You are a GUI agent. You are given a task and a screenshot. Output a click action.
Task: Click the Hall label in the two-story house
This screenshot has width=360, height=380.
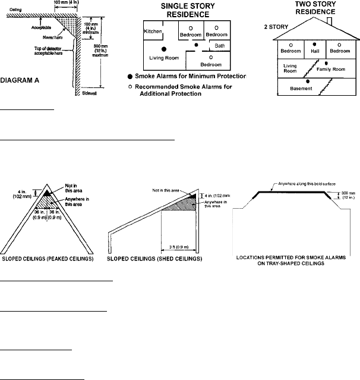point(314,51)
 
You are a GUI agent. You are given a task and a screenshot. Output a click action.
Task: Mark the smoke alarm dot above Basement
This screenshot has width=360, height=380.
point(308,81)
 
